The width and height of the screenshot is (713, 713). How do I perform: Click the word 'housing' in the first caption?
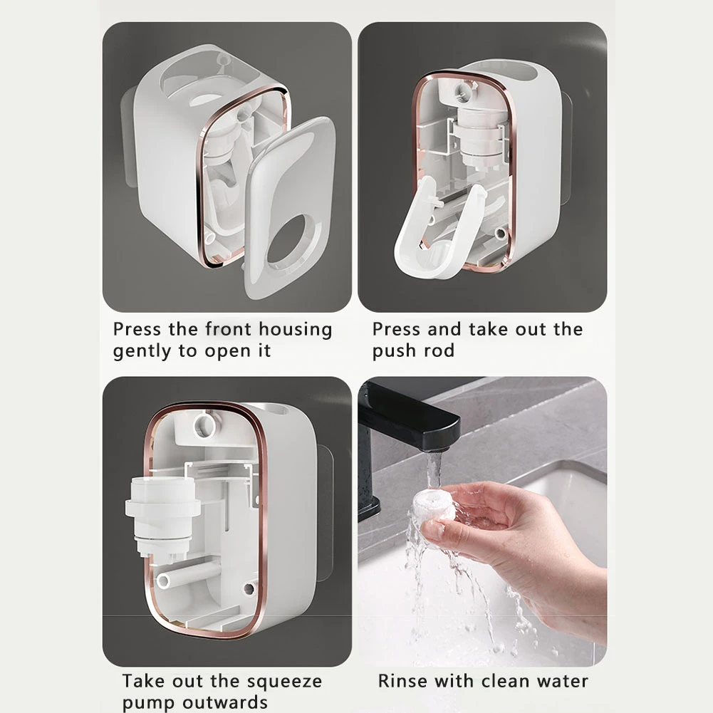296,330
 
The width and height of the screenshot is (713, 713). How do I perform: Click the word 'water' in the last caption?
561,681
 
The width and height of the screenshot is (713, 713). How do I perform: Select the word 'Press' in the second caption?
397,330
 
